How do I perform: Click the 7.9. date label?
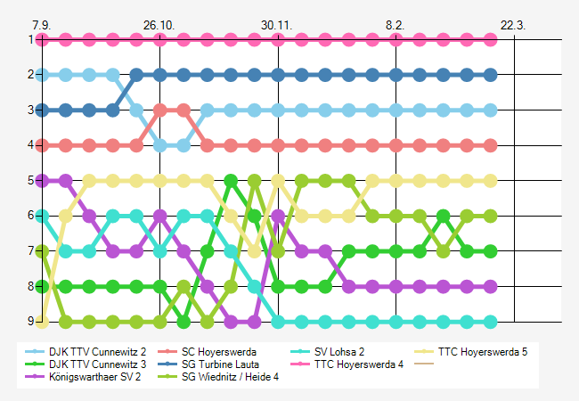[41, 24]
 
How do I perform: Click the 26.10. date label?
[159, 24]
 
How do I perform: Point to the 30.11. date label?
[277, 24]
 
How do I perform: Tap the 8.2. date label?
[396, 24]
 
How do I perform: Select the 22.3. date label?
[513, 24]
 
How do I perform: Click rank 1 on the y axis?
[30, 39]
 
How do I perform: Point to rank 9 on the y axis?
[30, 322]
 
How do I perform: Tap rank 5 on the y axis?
[30, 180]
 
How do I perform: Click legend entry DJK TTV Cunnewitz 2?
[98, 352]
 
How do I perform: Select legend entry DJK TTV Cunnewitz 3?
[98, 364]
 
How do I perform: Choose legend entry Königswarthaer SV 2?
[96, 377]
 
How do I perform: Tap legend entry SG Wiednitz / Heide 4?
[230, 377]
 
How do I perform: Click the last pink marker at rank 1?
[490, 39]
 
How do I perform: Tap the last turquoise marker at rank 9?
[490, 322]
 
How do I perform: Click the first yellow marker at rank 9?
[41, 322]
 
